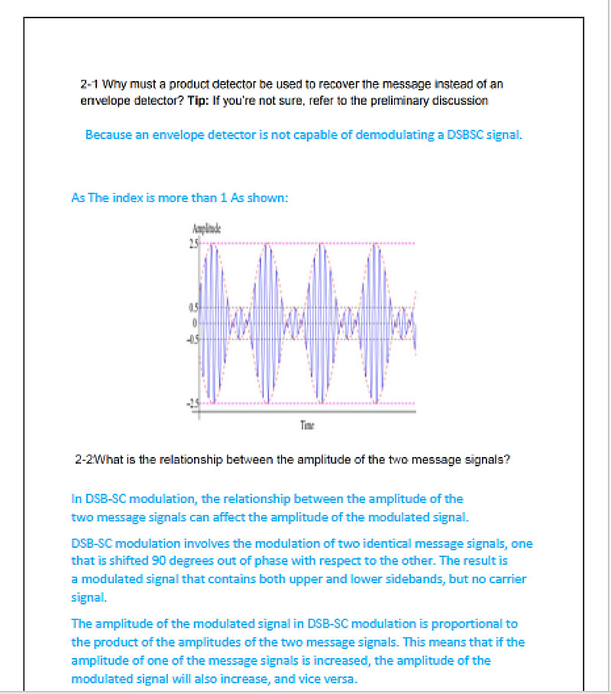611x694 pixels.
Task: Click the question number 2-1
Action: point(89,83)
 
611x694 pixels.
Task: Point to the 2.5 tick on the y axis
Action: point(193,244)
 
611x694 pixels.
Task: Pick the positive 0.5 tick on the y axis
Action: point(193,308)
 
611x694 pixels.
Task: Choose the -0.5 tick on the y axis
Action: point(192,339)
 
